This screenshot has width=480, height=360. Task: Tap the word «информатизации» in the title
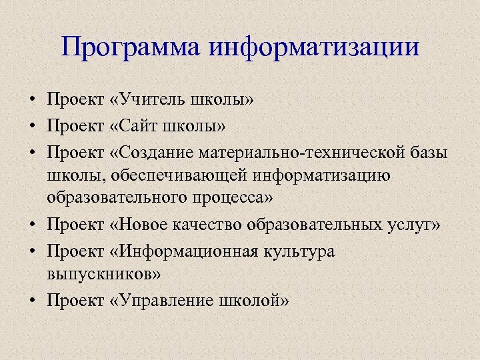pos(315,48)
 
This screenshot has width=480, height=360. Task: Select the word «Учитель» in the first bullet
pos(152,100)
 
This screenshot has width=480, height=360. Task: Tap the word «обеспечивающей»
pos(183,175)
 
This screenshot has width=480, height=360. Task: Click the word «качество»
pos(212,225)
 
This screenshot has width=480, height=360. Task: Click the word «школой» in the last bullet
pos(253,300)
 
